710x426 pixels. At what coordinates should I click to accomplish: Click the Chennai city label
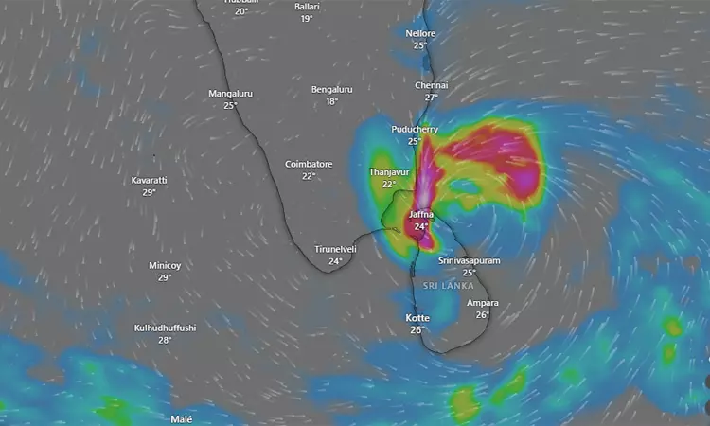click(431, 85)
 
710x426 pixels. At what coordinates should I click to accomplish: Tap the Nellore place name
click(420, 33)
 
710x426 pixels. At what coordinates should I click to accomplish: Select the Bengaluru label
click(331, 90)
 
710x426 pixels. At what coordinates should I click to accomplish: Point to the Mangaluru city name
click(230, 94)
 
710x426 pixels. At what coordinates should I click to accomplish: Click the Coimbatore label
click(309, 164)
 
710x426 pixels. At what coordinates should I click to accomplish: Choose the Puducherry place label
click(414, 129)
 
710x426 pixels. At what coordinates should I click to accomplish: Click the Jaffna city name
click(421, 215)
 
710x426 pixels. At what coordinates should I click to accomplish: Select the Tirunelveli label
click(335, 249)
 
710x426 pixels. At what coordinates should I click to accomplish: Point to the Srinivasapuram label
click(470, 260)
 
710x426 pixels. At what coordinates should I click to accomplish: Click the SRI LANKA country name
click(443, 285)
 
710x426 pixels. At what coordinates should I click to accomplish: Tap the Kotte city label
click(417, 318)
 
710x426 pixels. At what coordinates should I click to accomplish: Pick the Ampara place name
click(482, 303)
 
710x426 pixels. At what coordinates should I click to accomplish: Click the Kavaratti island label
click(150, 180)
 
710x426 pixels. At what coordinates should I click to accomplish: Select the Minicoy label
click(165, 266)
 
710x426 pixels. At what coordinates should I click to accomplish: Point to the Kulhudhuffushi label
click(165, 328)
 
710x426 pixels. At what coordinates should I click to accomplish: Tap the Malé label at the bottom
click(181, 418)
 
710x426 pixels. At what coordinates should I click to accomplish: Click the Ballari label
click(307, 7)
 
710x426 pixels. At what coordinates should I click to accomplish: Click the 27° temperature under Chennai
click(431, 98)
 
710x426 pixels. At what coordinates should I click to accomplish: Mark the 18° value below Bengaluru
click(331, 101)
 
